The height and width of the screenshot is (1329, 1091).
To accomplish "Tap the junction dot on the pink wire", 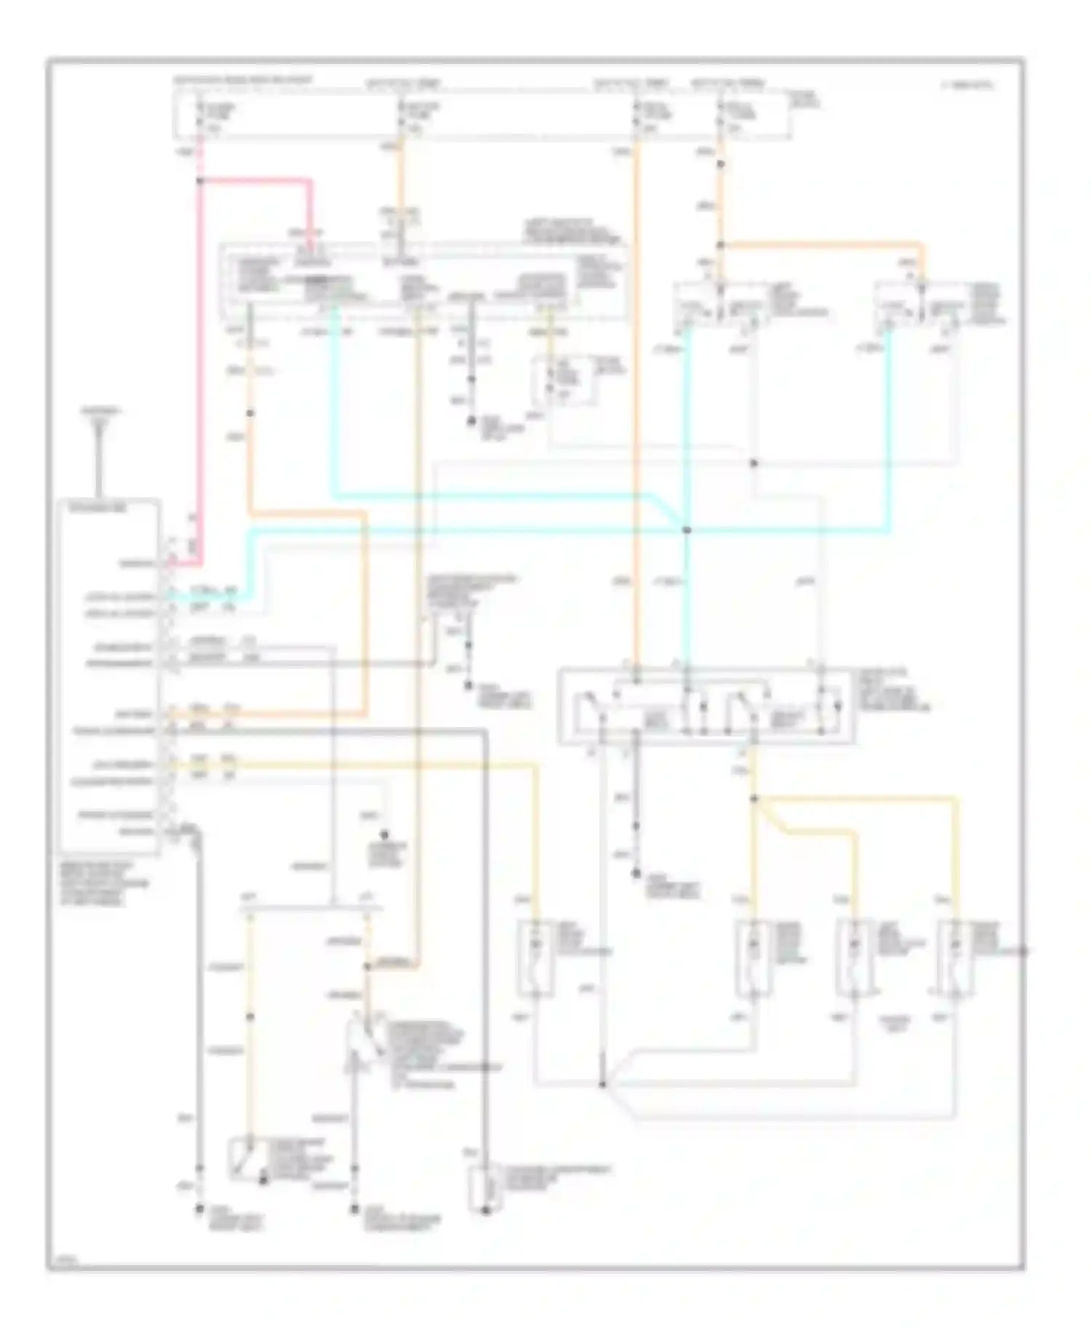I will tap(199, 181).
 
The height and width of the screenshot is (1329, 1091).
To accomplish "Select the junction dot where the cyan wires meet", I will tap(686, 530).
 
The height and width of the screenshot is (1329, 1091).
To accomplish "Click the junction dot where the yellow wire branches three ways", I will tap(754, 799).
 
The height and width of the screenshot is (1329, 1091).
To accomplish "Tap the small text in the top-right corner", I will tap(967, 86).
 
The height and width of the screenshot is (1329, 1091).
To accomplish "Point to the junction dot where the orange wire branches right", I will tap(720, 246).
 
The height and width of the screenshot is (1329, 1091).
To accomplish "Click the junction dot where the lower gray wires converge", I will tap(603, 1085).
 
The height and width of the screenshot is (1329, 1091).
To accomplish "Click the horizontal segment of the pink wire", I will tap(255, 181).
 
